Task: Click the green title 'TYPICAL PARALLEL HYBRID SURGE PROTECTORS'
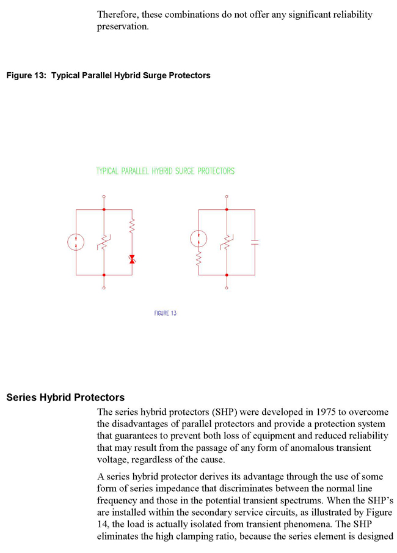click(165, 171)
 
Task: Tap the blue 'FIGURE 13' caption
click(165, 313)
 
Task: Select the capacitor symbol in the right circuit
click(255, 242)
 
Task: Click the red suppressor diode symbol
click(132, 259)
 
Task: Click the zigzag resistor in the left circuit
click(132, 226)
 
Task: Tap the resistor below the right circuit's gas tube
click(198, 259)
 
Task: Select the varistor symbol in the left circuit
click(104, 242)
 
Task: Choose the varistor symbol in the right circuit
click(227, 242)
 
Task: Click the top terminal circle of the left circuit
click(104, 196)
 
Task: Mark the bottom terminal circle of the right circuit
click(227, 288)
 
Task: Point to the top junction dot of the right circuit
click(227, 209)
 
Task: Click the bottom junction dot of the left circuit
click(104, 275)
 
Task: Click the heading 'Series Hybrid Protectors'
click(65, 398)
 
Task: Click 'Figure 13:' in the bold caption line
click(26, 75)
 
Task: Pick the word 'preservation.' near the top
click(123, 27)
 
